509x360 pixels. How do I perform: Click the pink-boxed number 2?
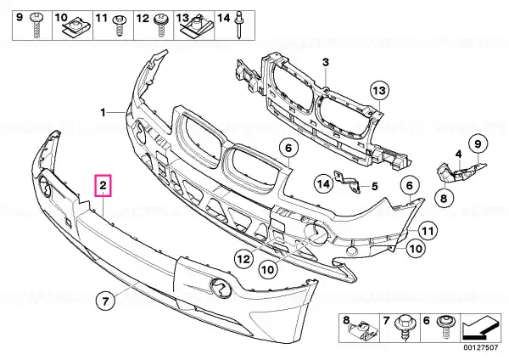[103, 186]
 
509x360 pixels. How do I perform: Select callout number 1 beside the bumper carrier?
[103, 113]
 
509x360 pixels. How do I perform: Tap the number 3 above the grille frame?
[326, 62]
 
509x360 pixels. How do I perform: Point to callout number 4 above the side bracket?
[458, 155]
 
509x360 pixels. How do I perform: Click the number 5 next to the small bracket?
[375, 186]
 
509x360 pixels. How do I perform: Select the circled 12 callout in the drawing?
[243, 259]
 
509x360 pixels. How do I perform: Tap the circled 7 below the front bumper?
[105, 301]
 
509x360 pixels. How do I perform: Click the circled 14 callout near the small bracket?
[324, 184]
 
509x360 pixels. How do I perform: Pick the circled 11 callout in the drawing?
[428, 231]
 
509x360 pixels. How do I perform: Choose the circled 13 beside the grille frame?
[380, 90]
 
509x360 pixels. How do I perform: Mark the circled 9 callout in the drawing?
[478, 143]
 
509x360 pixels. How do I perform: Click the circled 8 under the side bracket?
[444, 197]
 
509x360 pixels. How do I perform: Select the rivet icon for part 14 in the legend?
[239, 25]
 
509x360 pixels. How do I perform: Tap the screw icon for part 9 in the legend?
[36, 25]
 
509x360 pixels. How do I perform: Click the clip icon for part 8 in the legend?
[365, 331]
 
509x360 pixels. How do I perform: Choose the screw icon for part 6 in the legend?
[445, 327]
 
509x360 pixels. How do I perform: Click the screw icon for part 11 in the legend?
[120, 26]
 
